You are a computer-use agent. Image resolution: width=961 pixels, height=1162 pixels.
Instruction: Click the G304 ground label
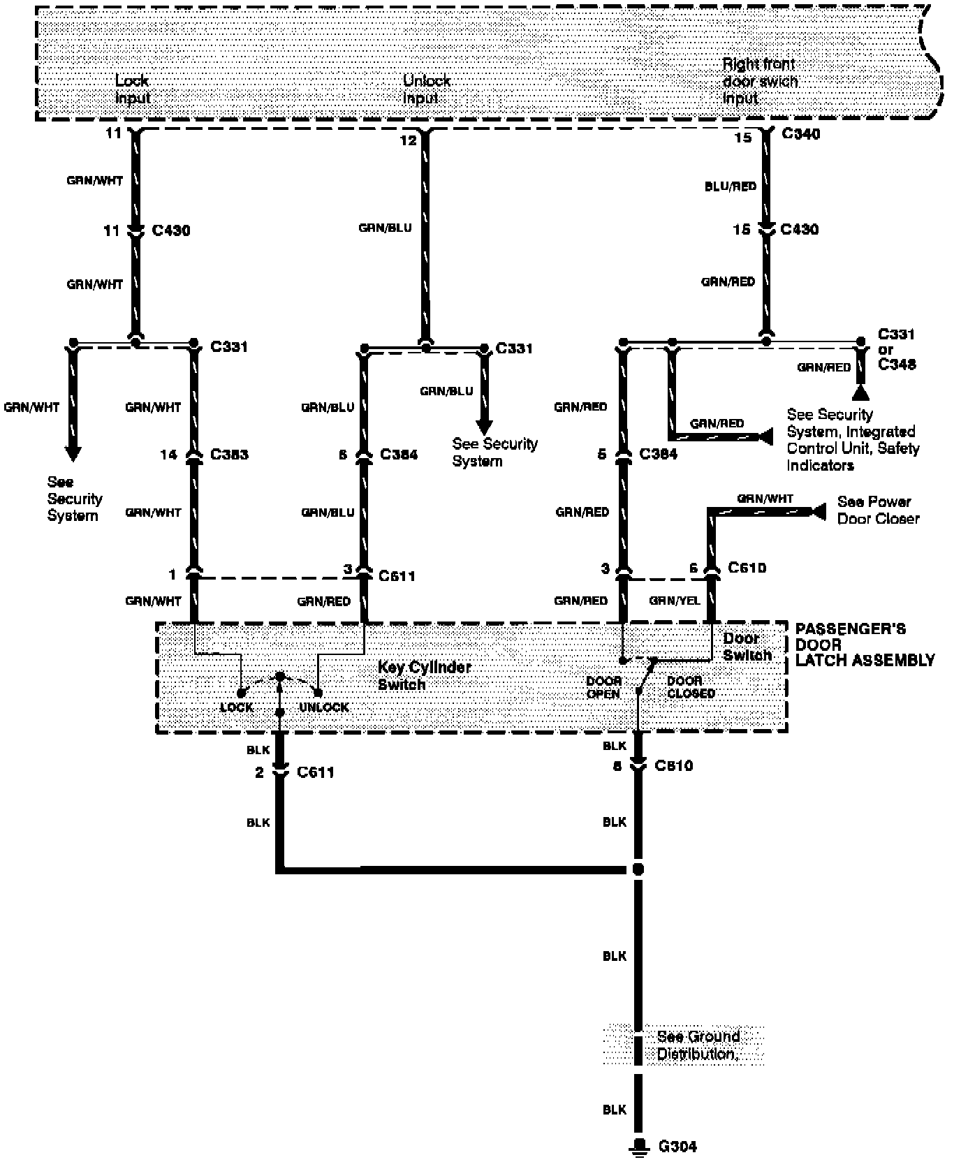[x=677, y=1146]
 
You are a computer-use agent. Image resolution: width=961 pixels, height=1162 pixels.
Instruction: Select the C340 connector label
[x=800, y=134]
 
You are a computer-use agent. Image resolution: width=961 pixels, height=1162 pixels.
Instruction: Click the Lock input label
[x=132, y=89]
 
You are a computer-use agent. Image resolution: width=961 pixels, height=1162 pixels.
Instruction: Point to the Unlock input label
[x=426, y=89]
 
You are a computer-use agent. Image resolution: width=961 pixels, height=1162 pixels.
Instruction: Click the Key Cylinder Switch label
[x=425, y=675]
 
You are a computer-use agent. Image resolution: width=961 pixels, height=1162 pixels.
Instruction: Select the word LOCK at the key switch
[x=237, y=707]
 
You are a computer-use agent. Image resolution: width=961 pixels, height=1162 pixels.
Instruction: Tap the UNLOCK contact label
[x=324, y=707]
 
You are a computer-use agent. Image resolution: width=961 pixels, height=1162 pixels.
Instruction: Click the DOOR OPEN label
[x=603, y=687]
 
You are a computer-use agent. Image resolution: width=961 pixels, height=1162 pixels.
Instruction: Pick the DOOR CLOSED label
[x=691, y=687]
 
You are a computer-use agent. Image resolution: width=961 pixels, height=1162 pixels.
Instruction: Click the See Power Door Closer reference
[x=878, y=510]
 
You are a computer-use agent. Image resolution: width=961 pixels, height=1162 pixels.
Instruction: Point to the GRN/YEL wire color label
[x=674, y=601]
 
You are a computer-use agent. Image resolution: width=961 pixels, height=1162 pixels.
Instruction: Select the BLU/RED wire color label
[x=731, y=186]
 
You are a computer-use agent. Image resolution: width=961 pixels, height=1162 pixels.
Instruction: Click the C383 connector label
[x=229, y=455]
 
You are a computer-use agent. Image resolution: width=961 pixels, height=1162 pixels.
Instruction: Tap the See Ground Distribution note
[x=697, y=1045]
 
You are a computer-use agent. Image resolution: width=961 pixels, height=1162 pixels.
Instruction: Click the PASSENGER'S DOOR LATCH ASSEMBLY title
[x=865, y=645]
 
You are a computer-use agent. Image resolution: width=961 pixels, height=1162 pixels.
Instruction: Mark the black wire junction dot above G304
[x=638, y=869]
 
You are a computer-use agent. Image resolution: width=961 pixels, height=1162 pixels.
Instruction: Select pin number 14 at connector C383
[x=169, y=455]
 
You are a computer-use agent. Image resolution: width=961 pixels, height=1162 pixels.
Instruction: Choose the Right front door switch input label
[x=759, y=81]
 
